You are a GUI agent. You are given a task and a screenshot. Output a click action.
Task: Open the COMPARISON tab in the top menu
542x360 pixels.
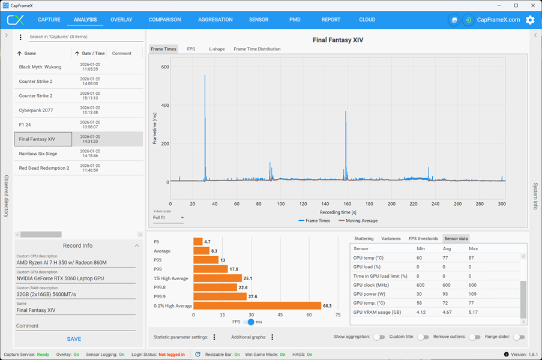click(164, 20)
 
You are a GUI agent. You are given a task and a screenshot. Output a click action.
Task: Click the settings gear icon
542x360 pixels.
click(530, 20)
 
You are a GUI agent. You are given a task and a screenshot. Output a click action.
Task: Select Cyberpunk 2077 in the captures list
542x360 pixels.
click(36, 110)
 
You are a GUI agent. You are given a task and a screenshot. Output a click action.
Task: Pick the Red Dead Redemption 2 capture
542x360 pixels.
click(44, 168)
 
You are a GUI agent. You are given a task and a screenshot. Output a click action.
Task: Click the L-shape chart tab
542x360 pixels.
click(217, 49)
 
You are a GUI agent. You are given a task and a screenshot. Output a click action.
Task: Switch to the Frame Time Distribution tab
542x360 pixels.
click(257, 49)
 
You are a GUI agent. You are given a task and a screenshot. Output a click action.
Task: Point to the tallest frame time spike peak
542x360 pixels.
click(205, 76)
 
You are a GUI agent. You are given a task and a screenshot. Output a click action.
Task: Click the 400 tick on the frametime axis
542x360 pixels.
click(165, 106)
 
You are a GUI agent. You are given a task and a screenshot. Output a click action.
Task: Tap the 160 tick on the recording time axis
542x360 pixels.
click(348, 204)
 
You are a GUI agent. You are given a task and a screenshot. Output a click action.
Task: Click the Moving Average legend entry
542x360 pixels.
click(358, 221)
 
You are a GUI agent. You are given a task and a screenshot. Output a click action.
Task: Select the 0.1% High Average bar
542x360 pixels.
click(257, 306)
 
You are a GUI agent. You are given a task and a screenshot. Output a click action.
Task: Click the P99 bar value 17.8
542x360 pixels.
click(234, 269)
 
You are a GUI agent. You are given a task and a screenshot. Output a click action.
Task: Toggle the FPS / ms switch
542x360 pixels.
click(249, 322)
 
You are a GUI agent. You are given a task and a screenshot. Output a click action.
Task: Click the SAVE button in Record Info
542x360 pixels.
click(74, 339)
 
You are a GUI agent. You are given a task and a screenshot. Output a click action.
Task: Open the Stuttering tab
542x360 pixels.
click(364, 239)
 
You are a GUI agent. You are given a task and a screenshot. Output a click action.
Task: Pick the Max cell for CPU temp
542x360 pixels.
click(471, 258)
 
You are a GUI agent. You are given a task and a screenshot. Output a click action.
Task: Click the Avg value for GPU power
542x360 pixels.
click(445, 294)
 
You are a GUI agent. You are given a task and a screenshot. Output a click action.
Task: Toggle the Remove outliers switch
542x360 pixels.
click(475, 337)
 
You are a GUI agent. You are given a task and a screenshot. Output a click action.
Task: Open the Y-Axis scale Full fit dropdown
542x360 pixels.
click(168, 218)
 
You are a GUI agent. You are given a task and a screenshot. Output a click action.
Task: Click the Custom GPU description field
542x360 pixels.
click(76, 278)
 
